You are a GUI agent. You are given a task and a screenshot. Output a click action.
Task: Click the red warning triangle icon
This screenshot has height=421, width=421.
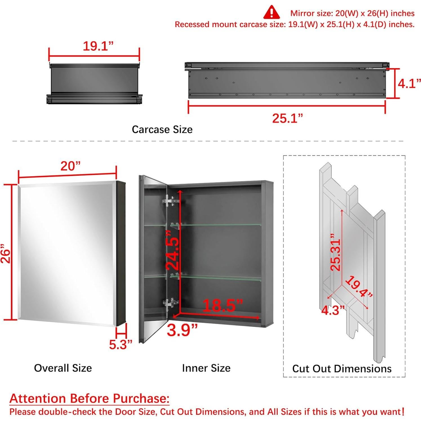[x=271, y=12]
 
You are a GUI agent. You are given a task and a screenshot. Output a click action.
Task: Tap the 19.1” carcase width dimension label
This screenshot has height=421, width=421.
[x=98, y=46]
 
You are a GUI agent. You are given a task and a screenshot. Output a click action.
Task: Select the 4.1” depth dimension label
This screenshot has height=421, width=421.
[x=409, y=84]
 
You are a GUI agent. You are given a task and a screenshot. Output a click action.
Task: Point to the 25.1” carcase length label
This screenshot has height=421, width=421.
[x=287, y=118]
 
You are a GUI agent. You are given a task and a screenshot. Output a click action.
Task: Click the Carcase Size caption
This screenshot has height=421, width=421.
[x=162, y=130]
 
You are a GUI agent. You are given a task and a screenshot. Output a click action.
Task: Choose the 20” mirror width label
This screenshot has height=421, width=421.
[x=70, y=166]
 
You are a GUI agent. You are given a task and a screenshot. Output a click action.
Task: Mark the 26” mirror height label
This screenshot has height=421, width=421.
[x=6, y=256]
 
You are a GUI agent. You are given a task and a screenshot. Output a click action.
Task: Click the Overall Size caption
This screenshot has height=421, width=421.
[x=63, y=368]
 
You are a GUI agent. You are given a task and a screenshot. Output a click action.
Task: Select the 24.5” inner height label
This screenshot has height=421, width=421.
[x=172, y=253]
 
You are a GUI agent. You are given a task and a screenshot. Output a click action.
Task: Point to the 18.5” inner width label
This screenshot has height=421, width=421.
[x=222, y=305]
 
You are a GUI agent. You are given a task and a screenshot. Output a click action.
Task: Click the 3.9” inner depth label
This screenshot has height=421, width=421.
[x=182, y=330]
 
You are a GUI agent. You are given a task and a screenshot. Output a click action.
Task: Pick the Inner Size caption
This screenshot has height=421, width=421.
[x=206, y=368]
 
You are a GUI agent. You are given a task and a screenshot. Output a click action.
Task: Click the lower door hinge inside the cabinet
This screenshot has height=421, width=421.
[x=170, y=303]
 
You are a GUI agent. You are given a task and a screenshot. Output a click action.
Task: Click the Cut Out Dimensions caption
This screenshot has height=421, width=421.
[x=342, y=369]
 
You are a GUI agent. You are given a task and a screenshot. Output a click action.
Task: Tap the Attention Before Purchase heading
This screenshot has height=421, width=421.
[x=90, y=398]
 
